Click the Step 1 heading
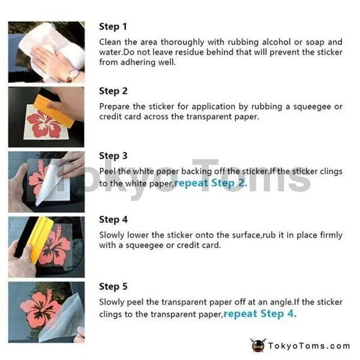tap(113, 26)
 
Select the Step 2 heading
tap(113, 91)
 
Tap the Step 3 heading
tap(113, 156)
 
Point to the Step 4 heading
tap(113, 220)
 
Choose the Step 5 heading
tap(113, 287)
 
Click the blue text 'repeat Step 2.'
tap(211, 183)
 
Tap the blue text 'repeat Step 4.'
tap(260, 314)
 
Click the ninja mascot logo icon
tap(258, 346)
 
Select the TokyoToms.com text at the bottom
tap(309, 346)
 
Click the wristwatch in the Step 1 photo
tap(73, 74)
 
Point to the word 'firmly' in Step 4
tap(331, 235)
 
